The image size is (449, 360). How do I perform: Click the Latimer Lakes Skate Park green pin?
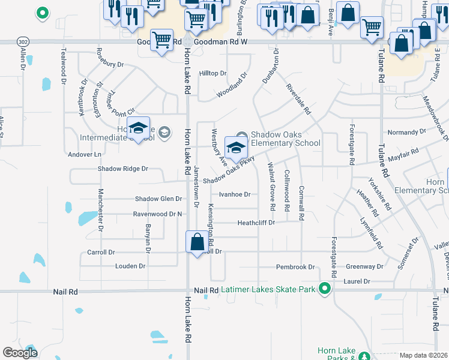pyautogui.click(x=325, y=289)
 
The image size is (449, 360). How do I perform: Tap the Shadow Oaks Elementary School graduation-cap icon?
pyautogui.click(x=236, y=147)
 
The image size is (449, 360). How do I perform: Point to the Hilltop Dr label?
pyautogui.click(x=213, y=73)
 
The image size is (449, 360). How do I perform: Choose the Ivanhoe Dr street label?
pyautogui.click(x=234, y=194)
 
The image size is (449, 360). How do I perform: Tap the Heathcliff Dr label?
pyautogui.click(x=256, y=223)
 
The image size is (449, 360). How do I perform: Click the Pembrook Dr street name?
pyautogui.click(x=295, y=267)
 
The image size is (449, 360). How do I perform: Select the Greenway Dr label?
pyautogui.click(x=364, y=266)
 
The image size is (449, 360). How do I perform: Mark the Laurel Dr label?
pyautogui.click(x=357, y=281)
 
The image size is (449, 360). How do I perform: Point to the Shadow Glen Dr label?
pyautogui.click(x=158, y=199)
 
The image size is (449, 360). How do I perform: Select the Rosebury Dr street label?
pyautogui.click(x=110, y=64)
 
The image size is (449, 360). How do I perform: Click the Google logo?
pyautogui.click(x=20, y=353)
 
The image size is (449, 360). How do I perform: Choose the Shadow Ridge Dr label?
pyautogui.click(x=122, y=169)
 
